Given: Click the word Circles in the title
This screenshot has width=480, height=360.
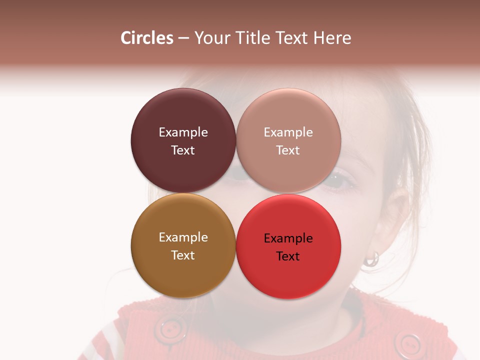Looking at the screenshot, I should pyautogui.click(x=147, y=38).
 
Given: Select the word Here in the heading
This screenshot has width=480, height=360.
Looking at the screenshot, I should pyautogui.click(x=332, y=38).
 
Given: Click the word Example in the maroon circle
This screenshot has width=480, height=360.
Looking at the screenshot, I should pyautogui.click(x=183, y=132).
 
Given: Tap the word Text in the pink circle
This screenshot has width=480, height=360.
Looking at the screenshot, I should pyautogui.click(x=288, y=150).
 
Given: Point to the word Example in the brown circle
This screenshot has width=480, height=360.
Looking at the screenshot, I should pyautogui.click(x=183, y=237).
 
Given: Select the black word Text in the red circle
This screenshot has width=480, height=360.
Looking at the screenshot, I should pyautogui.click(x=288, y=256).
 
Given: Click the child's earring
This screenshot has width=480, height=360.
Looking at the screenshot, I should pyautogui.click(x=372, y=258).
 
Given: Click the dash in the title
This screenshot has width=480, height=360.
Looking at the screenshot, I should pyautogui.click(x=183, y=38).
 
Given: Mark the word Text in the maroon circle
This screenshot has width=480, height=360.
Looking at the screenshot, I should pyautogui.click(x=183, y=150).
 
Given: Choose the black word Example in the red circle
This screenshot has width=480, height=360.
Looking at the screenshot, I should pyautogui.click(x=288, y=238).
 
